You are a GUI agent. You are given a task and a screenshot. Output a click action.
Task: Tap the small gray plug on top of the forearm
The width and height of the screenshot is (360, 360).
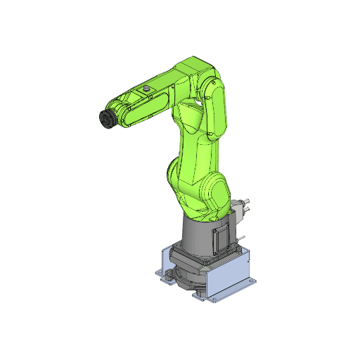point(146,89)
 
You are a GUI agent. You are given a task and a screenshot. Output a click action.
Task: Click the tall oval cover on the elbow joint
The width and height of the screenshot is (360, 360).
point(217,109)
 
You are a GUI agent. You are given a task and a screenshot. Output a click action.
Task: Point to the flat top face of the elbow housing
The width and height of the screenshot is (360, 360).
point(193,67)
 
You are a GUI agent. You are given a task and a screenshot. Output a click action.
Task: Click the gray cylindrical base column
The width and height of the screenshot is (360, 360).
point(193,236)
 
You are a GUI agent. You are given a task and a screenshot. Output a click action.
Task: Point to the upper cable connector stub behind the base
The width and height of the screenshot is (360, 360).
point(248,205)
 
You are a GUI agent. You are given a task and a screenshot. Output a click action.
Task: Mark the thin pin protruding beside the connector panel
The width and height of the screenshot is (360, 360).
point(242,236)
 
